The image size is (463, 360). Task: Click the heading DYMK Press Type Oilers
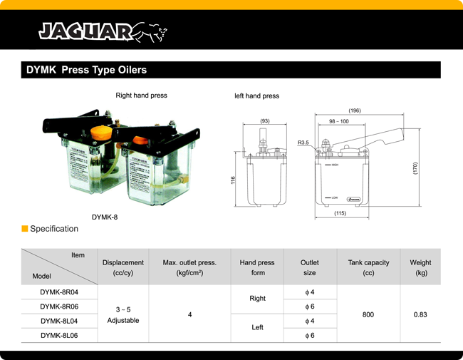point(86,71)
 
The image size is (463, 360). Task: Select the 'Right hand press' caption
point(141,96)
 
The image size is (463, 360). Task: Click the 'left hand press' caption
point(256,96)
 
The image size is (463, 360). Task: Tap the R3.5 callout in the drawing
point(303,143)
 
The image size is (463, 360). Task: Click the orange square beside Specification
point(24,229)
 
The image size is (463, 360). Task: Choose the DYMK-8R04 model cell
point(59,292)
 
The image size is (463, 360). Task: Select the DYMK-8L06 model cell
point(59,335)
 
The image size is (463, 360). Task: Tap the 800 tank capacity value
point(368,314)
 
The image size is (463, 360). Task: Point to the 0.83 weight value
point(420,314)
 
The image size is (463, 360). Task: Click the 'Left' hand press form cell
point(257,327)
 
